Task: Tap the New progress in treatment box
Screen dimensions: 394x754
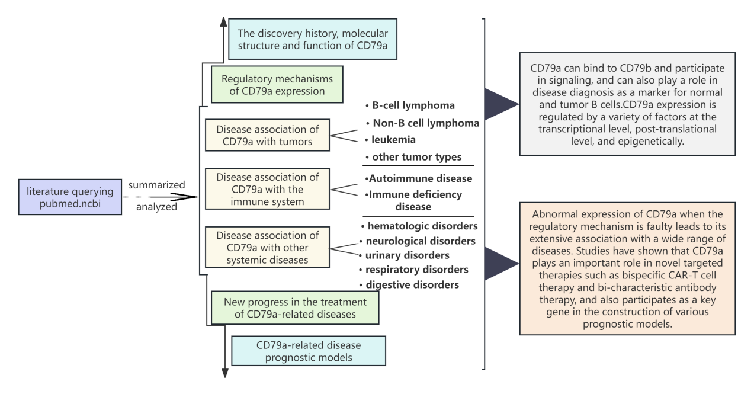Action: click(x=295, y=307)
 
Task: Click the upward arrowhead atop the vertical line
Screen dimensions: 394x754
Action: click(x=223, y=21)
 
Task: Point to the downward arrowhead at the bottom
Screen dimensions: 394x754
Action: click(x=225, y=372)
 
